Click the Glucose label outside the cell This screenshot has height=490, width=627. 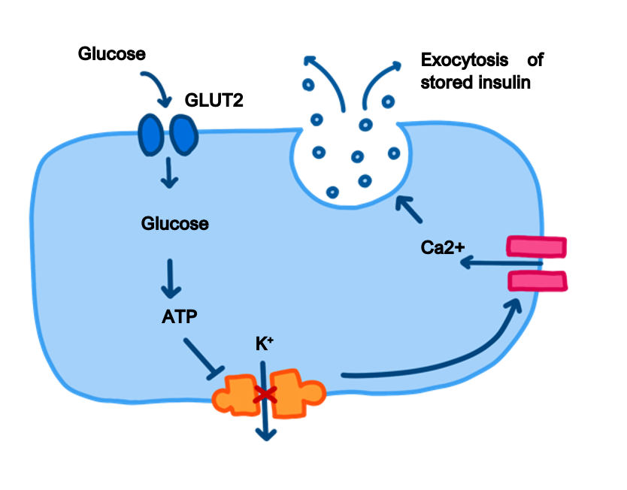point(111,54)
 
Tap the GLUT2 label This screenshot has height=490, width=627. point(214,100)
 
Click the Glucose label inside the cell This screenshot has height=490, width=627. point(174,224)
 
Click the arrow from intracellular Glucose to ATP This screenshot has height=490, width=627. point(172,277)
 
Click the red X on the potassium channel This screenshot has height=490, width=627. point(262,395)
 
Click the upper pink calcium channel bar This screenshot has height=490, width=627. point(537,247)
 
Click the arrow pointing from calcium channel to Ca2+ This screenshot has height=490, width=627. point(500,262)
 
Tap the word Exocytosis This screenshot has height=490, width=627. point(463,59)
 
